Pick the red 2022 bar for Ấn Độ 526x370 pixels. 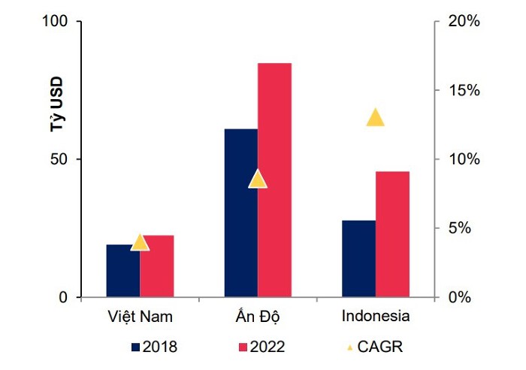click(x=274, y=180)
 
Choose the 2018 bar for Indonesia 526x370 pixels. click(x=358, y=258)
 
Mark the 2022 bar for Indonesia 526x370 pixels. click(x=392, y=234)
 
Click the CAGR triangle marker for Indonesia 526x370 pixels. click(x=375, y=118)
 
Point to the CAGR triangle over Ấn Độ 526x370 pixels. click(x=258, y=179)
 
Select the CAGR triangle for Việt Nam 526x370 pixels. click(x=140, y=242)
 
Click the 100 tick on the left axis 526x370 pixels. click(x=57, y=22)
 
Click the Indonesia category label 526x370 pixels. click(x=375, y=315)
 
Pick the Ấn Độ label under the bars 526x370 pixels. click(x=258, y=315)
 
